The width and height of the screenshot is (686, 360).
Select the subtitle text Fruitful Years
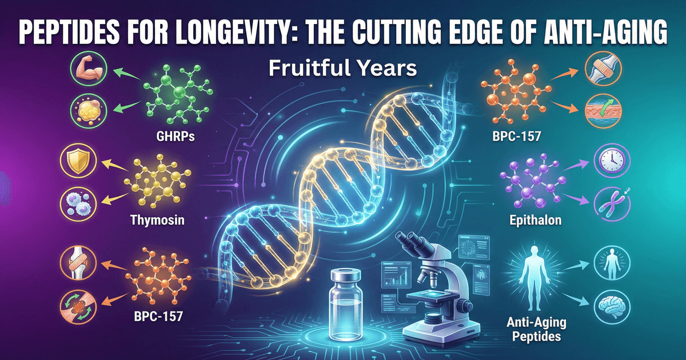coord(343,69)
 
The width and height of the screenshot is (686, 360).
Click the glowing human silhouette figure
coord(535,281)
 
